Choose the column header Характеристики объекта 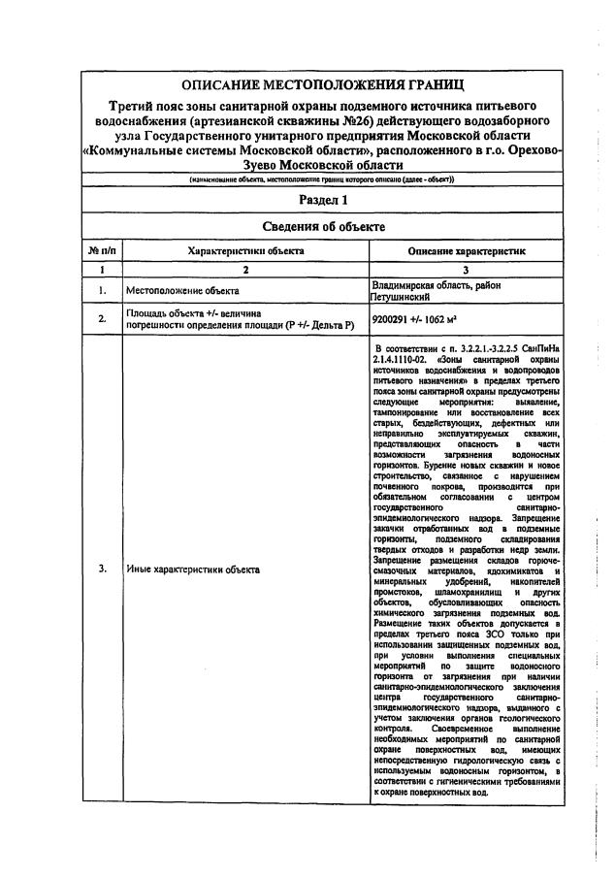[x=245, y=250]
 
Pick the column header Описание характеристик [x=467, y=250]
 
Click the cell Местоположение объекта [x=182, y=290]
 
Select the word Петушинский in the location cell [x=399, y=296]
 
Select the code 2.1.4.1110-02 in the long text [x=400, y=358]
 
